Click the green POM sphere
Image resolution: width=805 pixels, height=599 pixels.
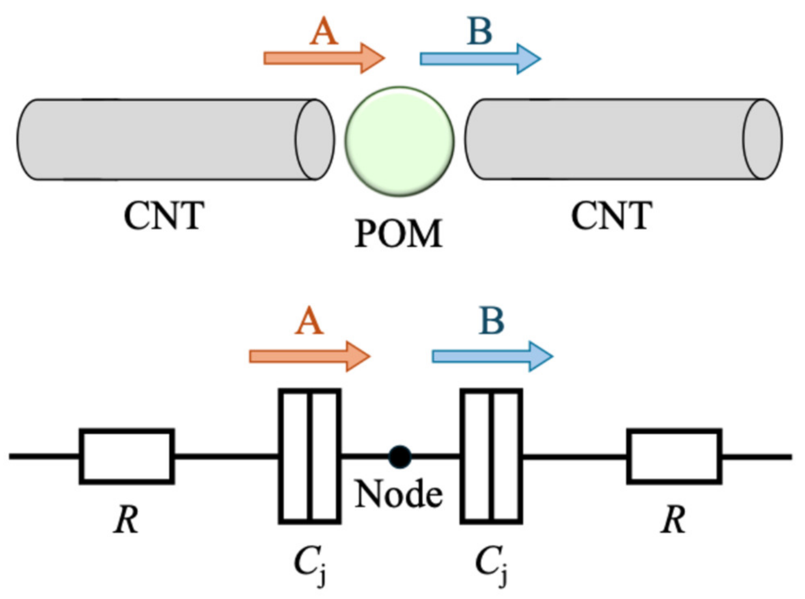coord(399,141)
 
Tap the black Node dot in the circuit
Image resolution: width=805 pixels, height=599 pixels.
coord(400,457)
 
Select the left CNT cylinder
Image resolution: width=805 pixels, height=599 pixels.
coord(176,139)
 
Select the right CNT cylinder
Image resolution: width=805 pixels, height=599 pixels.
coord(624,139)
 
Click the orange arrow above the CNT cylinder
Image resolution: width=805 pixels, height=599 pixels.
coord(324,58)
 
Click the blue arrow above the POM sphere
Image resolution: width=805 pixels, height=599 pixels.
coord(480,59)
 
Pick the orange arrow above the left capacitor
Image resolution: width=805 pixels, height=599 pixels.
coord(310,356)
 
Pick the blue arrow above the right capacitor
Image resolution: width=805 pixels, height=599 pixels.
coord(492,356)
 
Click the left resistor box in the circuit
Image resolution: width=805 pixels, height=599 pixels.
coord(127,457)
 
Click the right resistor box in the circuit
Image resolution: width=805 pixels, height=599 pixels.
coord(674,457)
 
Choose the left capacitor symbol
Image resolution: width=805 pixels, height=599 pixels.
coord(310,457)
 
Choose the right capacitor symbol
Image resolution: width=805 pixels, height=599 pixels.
coord(491,457)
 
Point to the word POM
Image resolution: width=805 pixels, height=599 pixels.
coord(399,233)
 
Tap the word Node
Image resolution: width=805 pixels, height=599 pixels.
coord(399,493)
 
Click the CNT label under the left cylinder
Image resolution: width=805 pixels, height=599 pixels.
coord(164,215)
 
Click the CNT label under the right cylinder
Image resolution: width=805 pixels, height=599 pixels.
coord(612,215)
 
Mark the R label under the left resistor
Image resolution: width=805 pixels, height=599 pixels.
coord(126,519)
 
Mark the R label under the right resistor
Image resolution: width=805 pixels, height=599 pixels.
coord(674,519)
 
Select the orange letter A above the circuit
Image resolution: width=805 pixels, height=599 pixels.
coord(309,320)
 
